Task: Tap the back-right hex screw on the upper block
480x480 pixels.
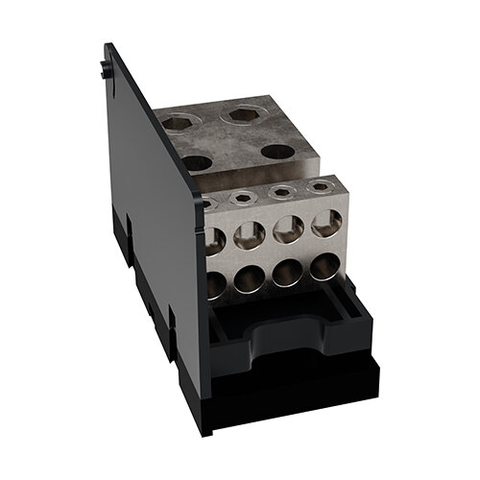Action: click(238, 115)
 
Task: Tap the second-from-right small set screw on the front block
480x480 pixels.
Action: click(280, 193)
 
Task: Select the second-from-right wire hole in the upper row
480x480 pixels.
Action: click(288, 230)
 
